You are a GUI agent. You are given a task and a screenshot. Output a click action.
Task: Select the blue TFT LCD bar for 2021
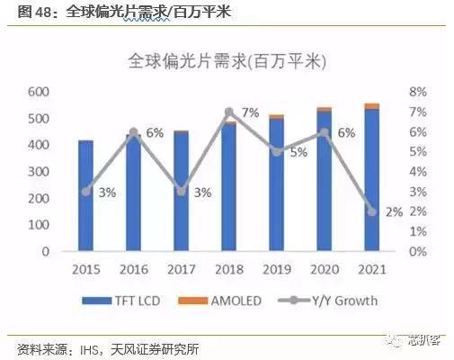pyautogui.click(x=372, y=180)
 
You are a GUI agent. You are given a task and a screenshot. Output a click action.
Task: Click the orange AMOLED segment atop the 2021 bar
pyautogui.click(x=372, y=106)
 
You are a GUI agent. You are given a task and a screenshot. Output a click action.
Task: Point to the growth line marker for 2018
pyautogui.click(x=228, y=112)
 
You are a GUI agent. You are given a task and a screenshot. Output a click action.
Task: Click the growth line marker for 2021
pyautogui.click(x=372, y=211)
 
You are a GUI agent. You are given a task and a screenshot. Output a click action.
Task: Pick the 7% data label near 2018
pyautogui.click(x=250, y=113)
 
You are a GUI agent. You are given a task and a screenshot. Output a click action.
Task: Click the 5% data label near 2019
pyautogui.click(x=298, y=152)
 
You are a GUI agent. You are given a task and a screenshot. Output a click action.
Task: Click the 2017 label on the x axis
pyautogui.click(x=181, y=269)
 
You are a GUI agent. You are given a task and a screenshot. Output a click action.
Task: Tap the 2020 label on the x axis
pyautogui.click(x=325, y=269)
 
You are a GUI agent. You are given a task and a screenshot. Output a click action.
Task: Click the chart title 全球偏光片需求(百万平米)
pyautogui.click(x=227, y=62)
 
